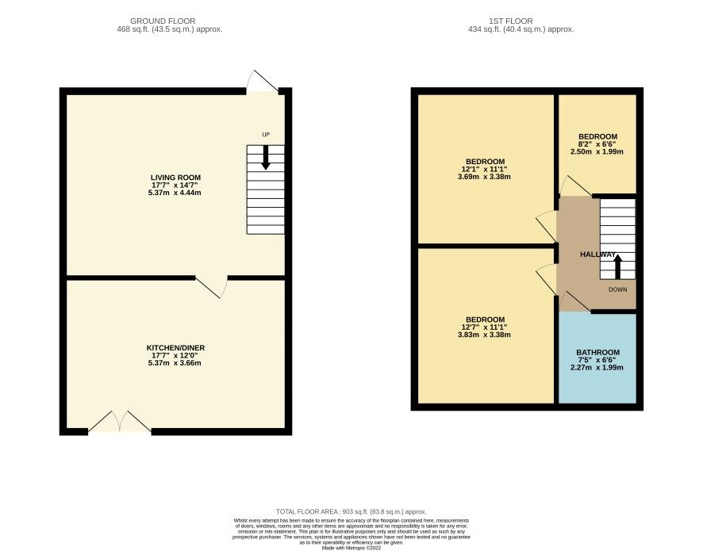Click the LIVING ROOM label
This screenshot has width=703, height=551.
click(175, 178)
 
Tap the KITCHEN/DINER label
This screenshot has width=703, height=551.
click(175, 348)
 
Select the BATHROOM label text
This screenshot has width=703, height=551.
click(597, 352)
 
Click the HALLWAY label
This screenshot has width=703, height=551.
click(597, 254)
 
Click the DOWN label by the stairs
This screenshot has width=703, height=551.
click(617, 289)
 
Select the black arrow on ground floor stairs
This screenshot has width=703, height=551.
click(266, 156)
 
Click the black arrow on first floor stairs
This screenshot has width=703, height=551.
click(617, 266)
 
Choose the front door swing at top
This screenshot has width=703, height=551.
click(263, 82)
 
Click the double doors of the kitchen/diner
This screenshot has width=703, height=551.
click(119, 422)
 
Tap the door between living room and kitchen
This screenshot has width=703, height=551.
click(211, 286)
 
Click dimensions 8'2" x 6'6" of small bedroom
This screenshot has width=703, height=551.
click(597, 144)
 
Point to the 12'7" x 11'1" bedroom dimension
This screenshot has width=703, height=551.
click(486, 327)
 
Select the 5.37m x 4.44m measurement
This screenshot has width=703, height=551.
click(175, 193)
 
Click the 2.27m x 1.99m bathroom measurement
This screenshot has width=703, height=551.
click(597, 367)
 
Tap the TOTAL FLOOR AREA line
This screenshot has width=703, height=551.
click(351, 512)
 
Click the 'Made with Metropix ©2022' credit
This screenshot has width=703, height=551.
click(351, 547)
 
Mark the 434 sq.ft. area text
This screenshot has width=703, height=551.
click(521, 29)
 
